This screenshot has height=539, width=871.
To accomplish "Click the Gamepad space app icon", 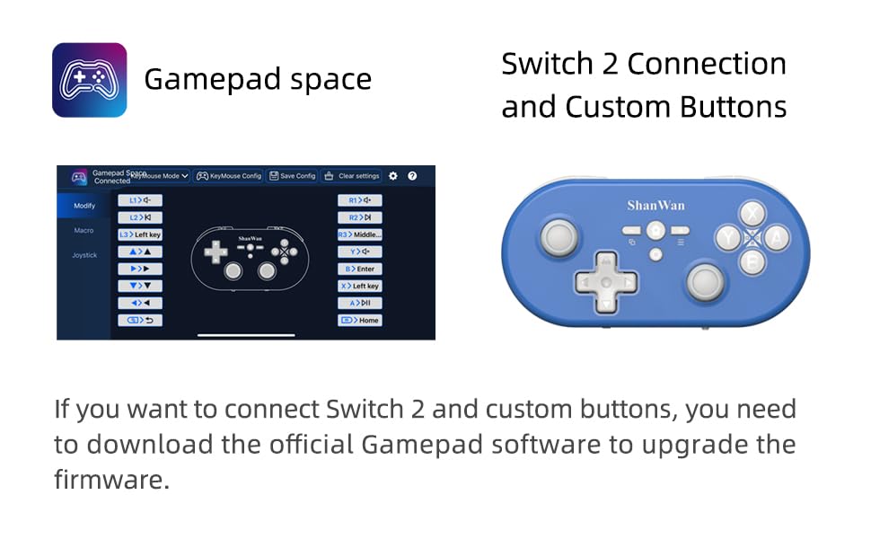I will tap(89, 80).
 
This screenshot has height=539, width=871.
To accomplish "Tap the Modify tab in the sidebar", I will tap(84, 206).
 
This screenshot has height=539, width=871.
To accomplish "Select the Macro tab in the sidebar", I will tap(84, 231).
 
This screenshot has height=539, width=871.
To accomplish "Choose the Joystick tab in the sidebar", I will tap(84, 255).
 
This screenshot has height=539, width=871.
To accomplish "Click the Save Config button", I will tap(292, 176).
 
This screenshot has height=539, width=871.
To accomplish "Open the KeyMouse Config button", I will tap(229, 176).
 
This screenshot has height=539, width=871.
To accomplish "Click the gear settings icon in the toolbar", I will tap(392, 176).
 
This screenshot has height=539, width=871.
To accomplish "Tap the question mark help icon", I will tap(412, 176).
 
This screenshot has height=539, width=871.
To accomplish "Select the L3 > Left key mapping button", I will tap(140, 234).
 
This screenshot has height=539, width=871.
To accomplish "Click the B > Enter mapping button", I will tap(360, 269).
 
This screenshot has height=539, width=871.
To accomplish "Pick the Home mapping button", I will tap(360, 320).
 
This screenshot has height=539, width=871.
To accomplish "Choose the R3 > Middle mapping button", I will tap(360, 234).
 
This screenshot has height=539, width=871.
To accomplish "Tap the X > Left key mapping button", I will tap(360, 286).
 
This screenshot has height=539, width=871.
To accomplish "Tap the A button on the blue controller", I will tap(777, 238).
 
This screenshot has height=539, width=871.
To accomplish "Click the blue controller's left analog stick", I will tap(559, 238).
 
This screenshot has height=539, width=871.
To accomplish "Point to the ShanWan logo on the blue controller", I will tap(655, 206).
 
